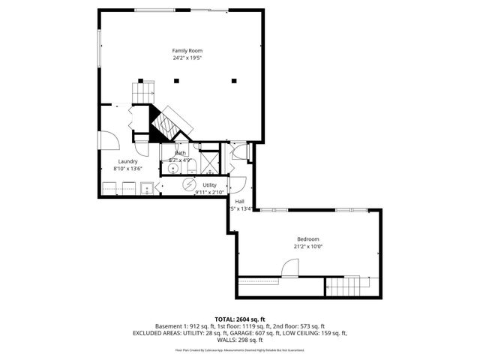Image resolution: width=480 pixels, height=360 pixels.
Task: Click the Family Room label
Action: click(x=187, y=50)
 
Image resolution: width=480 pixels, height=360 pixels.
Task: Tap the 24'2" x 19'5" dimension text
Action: click(x=187, y=58)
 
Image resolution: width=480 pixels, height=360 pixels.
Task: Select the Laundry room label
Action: click(x=127, y=161)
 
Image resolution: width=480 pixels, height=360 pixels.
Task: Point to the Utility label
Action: click(x=209, y=184)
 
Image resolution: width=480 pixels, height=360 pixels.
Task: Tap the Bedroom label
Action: click(x=307, y=238)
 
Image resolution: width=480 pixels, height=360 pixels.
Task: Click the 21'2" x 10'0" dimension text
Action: click(x=307, y=246)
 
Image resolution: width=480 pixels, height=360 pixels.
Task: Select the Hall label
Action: click(x=239, y=201)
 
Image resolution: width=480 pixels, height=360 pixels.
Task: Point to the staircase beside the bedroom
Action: click(x=347, y=286)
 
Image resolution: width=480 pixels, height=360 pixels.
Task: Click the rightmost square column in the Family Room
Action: click(x=234, y=80)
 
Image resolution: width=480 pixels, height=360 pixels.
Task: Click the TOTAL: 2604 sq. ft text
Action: click(x=239, y=318)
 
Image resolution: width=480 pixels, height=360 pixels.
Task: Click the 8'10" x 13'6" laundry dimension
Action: click(x=127, y=169)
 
